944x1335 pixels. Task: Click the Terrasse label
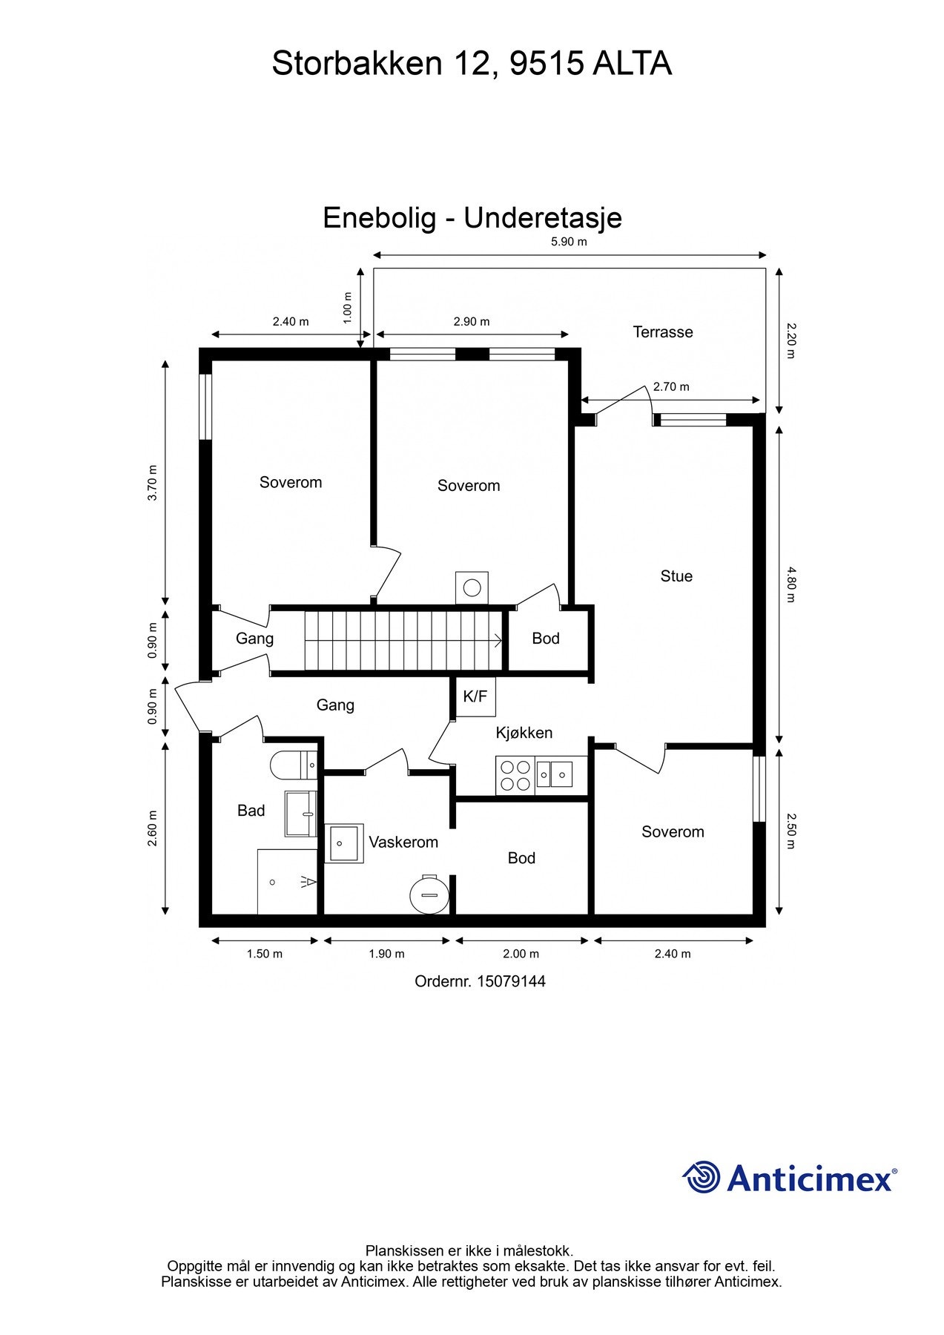(662, 332)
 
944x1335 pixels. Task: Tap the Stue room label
(676, 576)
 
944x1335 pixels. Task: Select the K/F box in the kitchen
(475, 696)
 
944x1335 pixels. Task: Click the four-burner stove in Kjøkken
(515, 775)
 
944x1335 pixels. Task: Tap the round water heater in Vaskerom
(429, 895)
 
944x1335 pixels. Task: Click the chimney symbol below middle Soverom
(472, 587)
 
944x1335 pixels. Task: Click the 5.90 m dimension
(568, 242)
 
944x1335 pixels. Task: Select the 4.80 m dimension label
(790, 584)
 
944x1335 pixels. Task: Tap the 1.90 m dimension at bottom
(386, 954)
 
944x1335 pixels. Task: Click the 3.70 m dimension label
(153, 483)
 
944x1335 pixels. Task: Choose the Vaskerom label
(403, 842)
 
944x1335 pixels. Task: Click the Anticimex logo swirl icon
(701, 1176)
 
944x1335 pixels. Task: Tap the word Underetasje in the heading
(543, 217)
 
